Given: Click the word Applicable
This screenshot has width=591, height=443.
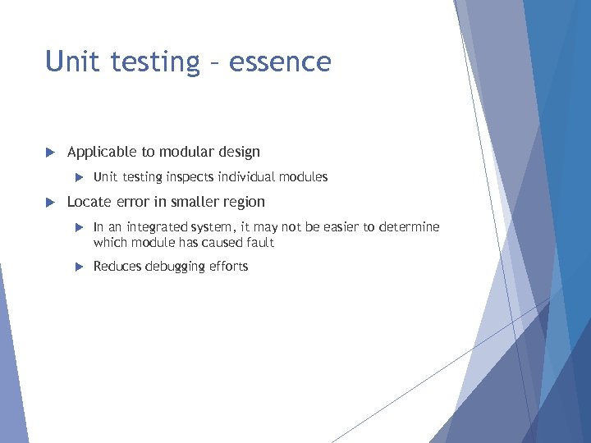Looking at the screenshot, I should (x=103, y=152).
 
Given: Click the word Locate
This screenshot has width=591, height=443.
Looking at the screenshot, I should (x=89, y=202).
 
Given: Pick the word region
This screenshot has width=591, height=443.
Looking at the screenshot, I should (x=243, y=202).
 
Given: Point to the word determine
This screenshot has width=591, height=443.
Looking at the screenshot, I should (x=410, y=227).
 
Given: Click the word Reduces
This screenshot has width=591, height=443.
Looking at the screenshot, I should (x=117, y=267).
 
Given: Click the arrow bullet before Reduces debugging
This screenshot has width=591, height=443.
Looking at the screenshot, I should (x=80, y=267).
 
